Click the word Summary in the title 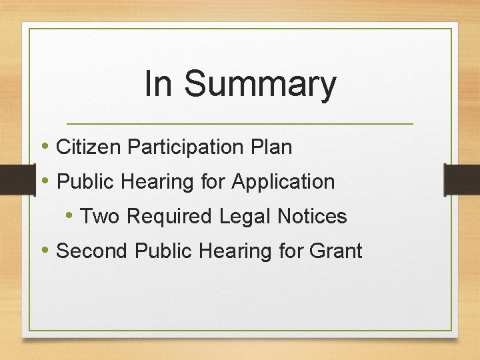[x=260, y=85]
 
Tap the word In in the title [x=158, y=84]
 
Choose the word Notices [x=314, y=216]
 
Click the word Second [x=93, y=251]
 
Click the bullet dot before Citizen [x=45, y=146]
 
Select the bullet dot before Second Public [x=45, y=250]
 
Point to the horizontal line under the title [x=240, y=124]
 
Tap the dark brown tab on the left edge [x=16, y=181]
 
